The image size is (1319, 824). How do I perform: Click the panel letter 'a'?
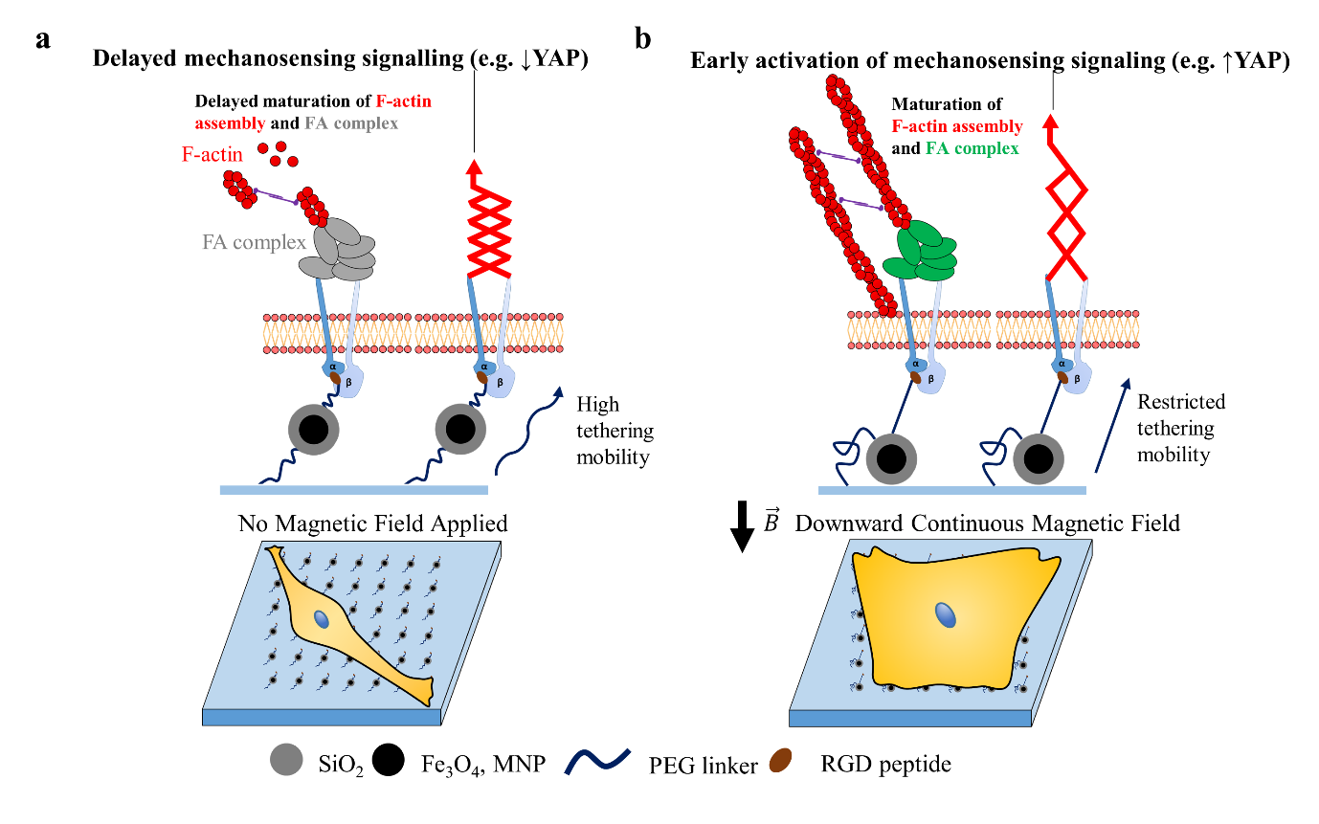[x=42, y=40]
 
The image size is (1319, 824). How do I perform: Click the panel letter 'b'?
[x=643, y=39]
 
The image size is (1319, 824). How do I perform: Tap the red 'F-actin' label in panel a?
[x=212, y=154]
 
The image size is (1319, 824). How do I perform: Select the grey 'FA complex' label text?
[x=254, y=242]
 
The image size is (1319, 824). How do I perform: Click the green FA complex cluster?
[x=919, y=250]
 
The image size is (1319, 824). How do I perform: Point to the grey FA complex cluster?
[x=337, y=250]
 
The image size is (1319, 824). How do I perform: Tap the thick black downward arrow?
[x=742, y=526]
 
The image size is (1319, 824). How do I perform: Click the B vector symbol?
[x=771, y=521]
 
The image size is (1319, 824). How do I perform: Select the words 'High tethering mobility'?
[x=615, y=431]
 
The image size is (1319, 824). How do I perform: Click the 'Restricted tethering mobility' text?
[x=1180, y=428]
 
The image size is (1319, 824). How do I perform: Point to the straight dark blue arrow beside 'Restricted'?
[x=1112, y=425]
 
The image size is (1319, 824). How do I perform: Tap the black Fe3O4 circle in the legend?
[x=388, y=759]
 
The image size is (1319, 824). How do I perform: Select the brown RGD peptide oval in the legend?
[x=780, y=760]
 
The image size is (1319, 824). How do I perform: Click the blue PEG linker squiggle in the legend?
[x=597, y=762]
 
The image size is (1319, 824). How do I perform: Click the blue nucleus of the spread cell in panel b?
[x=946, y=615]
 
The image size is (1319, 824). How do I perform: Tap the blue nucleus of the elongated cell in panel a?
[x=322, y=619]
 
